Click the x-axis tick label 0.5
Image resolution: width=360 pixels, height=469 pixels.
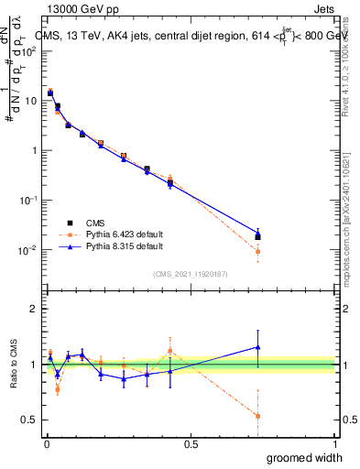point(191,443)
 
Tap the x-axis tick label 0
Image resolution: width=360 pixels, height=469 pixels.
point(47,443)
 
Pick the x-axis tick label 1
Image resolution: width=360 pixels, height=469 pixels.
point(334,443)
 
